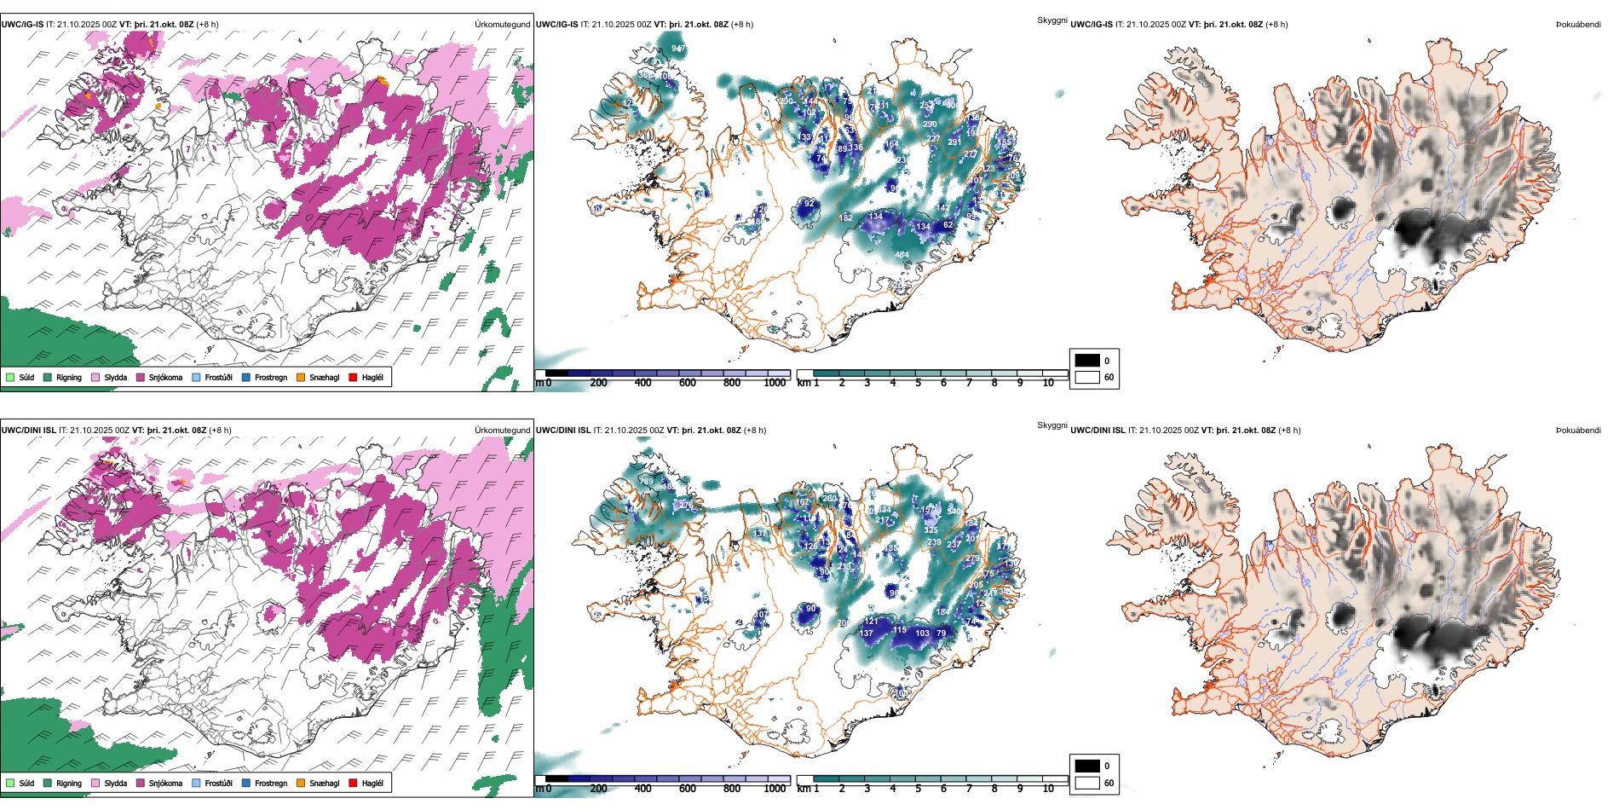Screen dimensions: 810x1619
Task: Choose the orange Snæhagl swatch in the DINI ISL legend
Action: [301, 783]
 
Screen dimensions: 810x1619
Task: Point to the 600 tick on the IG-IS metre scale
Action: [688, 383]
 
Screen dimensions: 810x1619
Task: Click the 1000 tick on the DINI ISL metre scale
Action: [775, 789]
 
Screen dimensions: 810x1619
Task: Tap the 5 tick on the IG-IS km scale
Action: [918, 383]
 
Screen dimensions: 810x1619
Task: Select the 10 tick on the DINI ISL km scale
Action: [1048, 789]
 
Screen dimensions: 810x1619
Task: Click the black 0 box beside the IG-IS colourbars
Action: [1087, 361]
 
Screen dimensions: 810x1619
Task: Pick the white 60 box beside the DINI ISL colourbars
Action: [1087, 783]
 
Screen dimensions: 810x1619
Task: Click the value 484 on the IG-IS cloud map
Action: [902, 255]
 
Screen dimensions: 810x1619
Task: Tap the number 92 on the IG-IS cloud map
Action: [809, 205]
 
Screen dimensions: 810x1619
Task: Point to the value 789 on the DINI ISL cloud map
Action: [647, 482]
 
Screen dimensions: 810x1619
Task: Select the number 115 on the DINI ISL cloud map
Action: [900, 631]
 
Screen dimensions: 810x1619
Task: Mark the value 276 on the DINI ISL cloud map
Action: [686, 506]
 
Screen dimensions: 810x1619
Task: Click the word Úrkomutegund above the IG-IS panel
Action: [502, 25]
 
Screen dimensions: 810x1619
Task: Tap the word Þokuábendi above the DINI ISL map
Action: [1578, 431]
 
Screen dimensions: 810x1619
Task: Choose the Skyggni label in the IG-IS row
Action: [1051, 20]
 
